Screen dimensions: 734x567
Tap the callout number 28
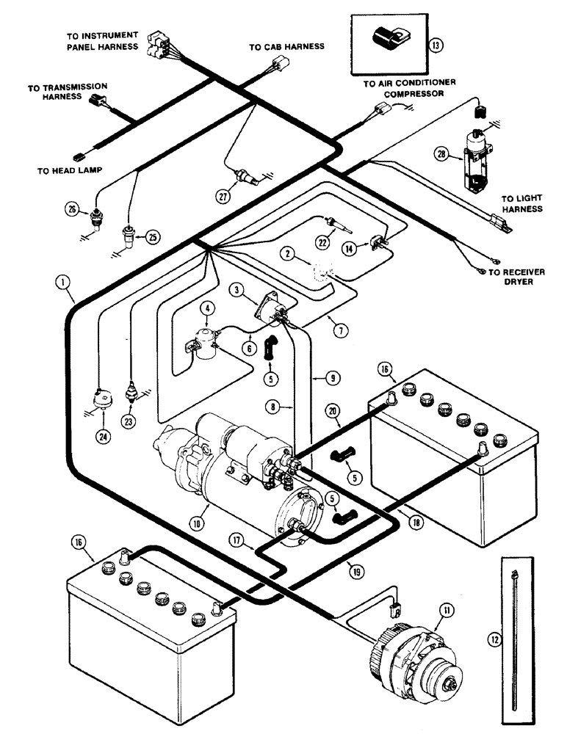(x=441, y=154)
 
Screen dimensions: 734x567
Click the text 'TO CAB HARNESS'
(x=286, y=46)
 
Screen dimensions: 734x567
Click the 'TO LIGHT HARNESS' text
(x=521, y=203)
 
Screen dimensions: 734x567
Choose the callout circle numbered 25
(x=153, y=236)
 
